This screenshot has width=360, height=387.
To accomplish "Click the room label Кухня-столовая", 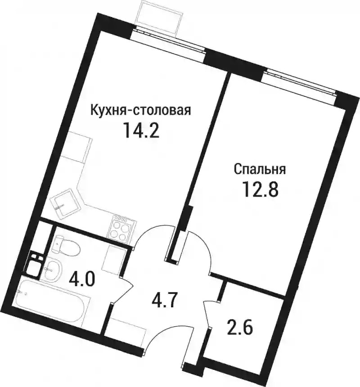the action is point(141,111).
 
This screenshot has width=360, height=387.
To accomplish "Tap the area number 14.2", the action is point(141,130).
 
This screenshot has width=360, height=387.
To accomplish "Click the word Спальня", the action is point(260,170).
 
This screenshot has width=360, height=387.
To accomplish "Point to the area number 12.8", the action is point(261,189).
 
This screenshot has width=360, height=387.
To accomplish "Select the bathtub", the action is point(51,299).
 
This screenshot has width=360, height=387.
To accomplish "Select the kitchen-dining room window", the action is point(168,40).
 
